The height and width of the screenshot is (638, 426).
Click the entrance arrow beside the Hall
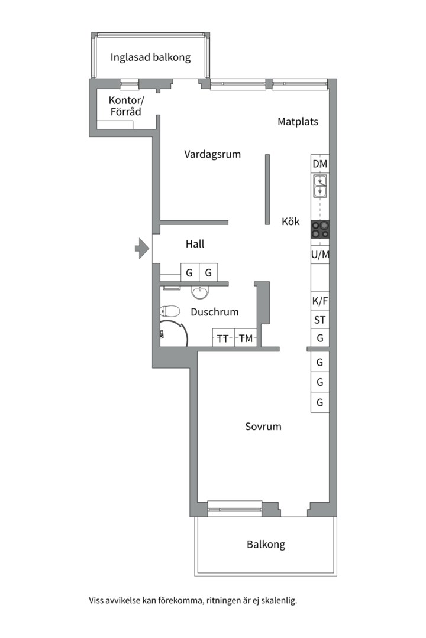142,248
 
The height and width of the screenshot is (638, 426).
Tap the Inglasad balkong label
150,57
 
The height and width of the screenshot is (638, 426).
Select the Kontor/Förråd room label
126,106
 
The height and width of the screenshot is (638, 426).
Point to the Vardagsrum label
212,154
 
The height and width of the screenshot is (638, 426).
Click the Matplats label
298,121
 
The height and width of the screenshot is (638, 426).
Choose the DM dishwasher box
320,164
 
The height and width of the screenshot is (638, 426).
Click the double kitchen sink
320,186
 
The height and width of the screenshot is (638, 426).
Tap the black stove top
320,229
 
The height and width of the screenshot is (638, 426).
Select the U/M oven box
320,255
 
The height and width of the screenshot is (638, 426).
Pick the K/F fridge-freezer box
320,301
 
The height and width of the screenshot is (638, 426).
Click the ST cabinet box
320,320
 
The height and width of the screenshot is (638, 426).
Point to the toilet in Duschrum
170,311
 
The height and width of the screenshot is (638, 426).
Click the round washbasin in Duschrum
200,292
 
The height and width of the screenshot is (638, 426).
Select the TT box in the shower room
224,338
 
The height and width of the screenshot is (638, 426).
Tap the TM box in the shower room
246,338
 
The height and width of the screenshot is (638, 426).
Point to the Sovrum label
263,427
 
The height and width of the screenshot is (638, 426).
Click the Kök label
291,222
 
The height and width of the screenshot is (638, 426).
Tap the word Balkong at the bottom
266,545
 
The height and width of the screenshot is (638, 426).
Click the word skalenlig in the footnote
279,600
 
